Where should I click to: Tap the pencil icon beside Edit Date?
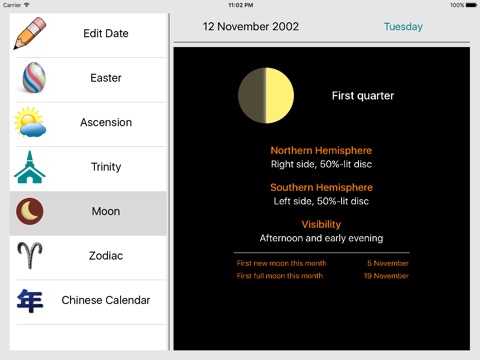[30, 33]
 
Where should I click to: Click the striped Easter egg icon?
[34, 77]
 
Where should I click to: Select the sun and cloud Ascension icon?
[30, 122]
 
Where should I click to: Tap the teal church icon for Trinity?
[30, 167]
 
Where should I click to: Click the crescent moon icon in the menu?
[30, 211]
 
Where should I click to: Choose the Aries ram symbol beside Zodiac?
[30, 255]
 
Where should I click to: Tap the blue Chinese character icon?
[30, 301]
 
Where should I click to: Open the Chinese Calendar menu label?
[106, 300]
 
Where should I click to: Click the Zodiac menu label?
[106, 256]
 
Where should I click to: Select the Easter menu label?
[106, 78]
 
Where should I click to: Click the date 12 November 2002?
[251, 26]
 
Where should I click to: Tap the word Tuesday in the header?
[403, 27]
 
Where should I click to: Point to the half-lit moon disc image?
[266, 96]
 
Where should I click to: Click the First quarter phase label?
[363, 96]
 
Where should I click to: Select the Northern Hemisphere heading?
[321, 150]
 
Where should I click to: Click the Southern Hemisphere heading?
[321, 187]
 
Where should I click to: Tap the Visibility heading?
[321, 225]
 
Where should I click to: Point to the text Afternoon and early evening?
[321, 238]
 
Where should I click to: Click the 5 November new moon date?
[388, 263]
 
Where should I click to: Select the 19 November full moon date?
[386, 276]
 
